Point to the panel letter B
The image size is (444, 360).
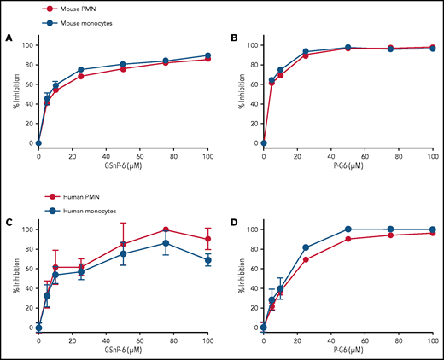click(233, 38)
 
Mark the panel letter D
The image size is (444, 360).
click(233, 224)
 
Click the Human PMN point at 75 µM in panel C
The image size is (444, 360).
click(166, 229)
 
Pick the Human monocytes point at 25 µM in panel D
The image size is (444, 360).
click(306, 247)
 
